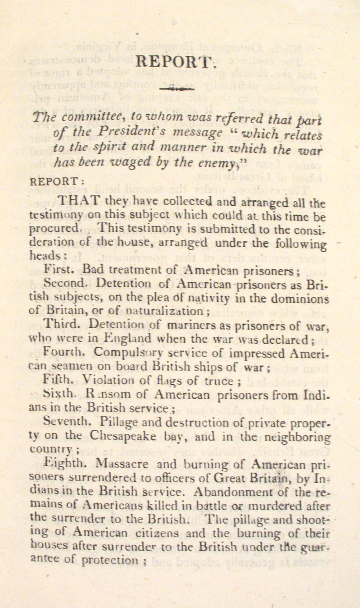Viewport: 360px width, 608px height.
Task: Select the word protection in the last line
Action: pyautogui.click(x=110, y=560)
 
